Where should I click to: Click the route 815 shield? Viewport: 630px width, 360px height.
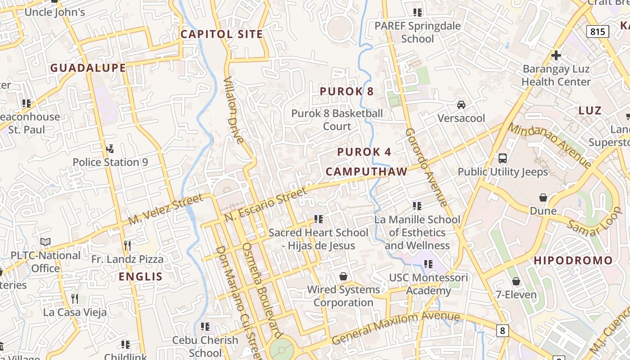point(598,31)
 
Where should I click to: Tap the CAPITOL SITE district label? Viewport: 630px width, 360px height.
point(221,34)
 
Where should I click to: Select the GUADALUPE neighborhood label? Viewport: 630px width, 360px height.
point(88,68)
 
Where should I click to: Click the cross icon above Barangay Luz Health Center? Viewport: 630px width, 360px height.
point(556,55)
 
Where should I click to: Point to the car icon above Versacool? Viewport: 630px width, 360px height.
point(461,105)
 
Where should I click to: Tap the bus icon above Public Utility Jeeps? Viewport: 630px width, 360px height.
point(503,158)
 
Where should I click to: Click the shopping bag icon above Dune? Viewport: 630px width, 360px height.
point(543,198)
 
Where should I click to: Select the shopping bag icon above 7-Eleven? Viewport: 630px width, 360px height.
point(516,281)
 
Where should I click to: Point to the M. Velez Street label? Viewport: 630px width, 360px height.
point(166,210)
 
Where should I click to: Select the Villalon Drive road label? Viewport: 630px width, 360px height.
point(234,110)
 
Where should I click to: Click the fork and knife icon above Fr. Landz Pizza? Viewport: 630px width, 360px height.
point(127,245)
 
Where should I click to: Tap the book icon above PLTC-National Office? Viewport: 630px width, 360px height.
point(45,242)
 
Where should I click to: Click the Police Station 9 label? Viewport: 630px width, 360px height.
point(110,162)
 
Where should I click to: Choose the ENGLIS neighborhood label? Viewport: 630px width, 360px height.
point(140,277)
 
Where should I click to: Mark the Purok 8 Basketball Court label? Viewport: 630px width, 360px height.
point(337,120)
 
